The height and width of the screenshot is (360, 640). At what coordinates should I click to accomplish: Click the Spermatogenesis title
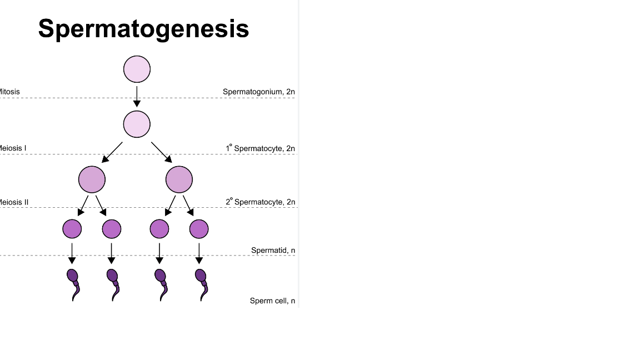pyautogui.click(x=143, y=28)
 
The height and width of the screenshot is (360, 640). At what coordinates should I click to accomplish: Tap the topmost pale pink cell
pyautogui.click(x=137, y=69)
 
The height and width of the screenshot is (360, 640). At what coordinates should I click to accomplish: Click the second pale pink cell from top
pyautogui.click(x=137, y=124)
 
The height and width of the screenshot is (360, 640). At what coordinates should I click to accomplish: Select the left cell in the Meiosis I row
pyautogui.click(x=92, y=179)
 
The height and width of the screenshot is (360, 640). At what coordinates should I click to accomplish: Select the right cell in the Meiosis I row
pyautogui.click(x=179, y=179)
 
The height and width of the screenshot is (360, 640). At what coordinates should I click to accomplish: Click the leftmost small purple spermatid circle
pyautogui.click(x=72, y=228)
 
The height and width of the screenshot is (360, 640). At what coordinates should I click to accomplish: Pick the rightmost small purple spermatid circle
pyautogui.click(x=199, y=228)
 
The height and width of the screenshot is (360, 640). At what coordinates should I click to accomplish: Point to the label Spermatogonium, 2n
pyautogui.click(x=258, y=92)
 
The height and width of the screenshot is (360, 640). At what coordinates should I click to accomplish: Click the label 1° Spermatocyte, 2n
pyautogui.click(x=260, y=148)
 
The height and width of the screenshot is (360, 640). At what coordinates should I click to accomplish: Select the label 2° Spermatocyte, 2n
pyautogui.click(x=260, y=202)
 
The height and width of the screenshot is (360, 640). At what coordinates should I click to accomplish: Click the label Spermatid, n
pyautogui.click(x=273, y=251)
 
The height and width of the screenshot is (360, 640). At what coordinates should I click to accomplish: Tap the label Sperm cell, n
pyautogui.click(x=272, y=301)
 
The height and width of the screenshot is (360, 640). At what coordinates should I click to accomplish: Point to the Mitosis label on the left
pyautogui.click(x=9, y=92)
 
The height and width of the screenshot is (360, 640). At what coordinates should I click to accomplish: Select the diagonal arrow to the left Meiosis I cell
pyautogui.click(x=112, y=152)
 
